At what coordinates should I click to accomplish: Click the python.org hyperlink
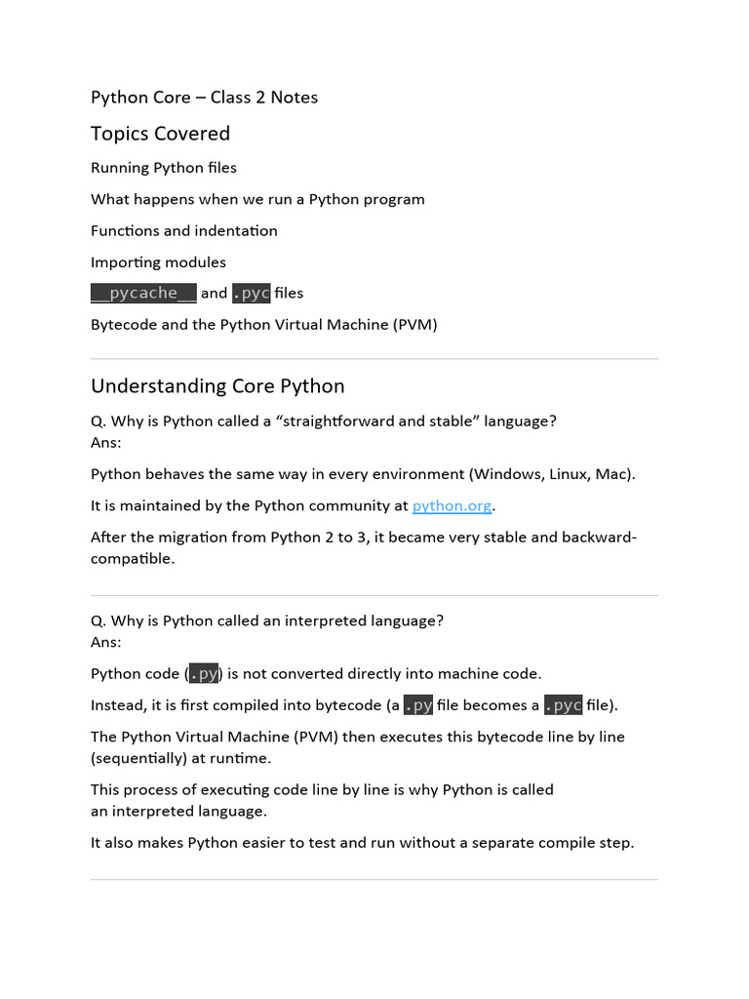pos(453,505)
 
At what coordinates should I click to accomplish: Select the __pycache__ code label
pos(143,293)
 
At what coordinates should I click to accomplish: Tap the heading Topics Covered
pos(160,134)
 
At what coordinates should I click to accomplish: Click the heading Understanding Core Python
pos(217,386)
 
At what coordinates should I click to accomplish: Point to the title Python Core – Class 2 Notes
pos(204,98)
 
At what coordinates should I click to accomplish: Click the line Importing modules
pos(158,262)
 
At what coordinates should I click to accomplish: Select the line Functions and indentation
pos(183,231)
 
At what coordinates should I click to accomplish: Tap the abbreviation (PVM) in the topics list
pos(415,325)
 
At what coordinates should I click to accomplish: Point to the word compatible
pos(132,559)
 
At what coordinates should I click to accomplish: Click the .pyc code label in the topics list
pos(251,293)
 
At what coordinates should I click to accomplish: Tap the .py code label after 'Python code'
pos(204,674)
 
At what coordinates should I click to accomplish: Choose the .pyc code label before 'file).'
pos(563,705)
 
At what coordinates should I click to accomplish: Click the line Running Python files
pos(163,168)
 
